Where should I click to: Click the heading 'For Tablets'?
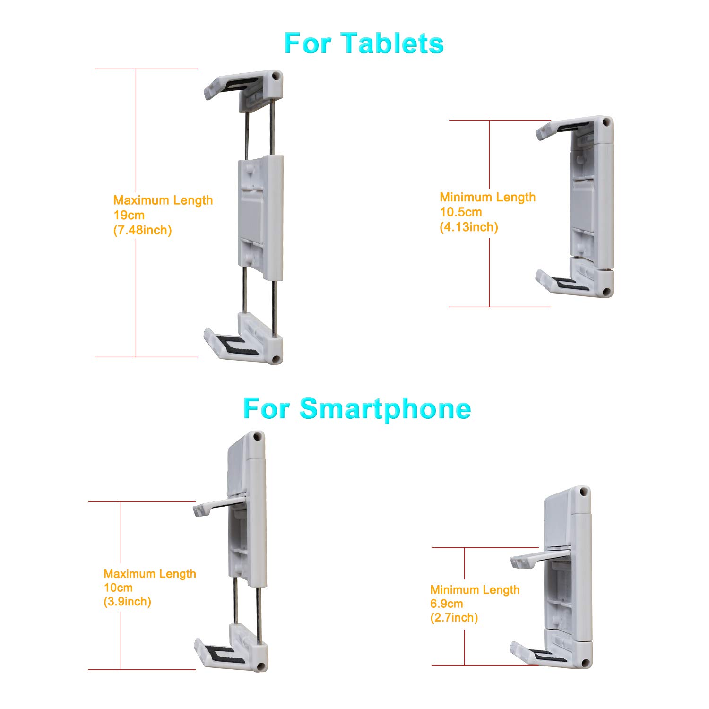pos(363,43)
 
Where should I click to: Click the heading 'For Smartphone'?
pos(357,409)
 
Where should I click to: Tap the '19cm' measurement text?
pos(129,215)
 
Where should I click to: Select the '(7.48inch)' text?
pos(143,230)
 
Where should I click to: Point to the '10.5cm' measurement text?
pos(461,212)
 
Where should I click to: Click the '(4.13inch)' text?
pos(469,227)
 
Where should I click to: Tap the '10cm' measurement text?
pos(118,588)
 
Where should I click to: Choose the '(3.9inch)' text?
pos(127,602)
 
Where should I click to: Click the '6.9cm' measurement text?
pos(447,604)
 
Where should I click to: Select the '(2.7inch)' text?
pos(454,618)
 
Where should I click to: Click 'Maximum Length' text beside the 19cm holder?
pos(163,200)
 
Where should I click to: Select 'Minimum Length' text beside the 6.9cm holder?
pos(475,590)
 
